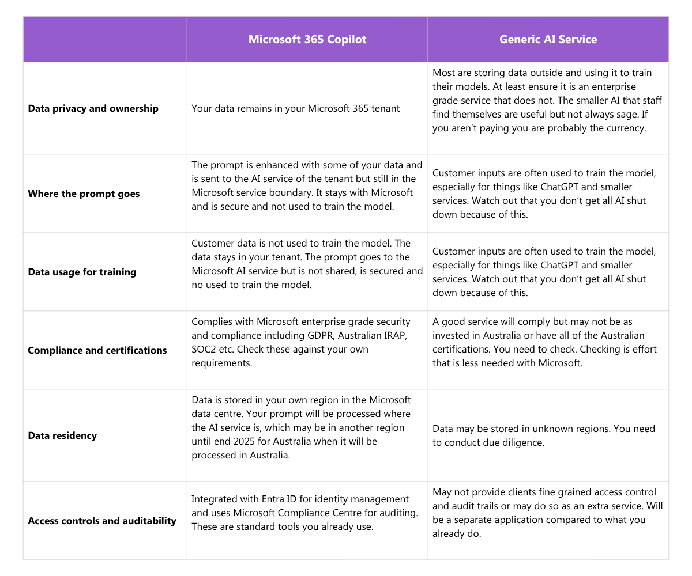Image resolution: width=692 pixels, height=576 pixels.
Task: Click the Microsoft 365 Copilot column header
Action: pos(307,39)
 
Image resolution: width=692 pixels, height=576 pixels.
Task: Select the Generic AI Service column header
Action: pos(548,39)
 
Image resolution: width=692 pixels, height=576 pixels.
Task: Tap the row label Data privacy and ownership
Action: pos(93,108)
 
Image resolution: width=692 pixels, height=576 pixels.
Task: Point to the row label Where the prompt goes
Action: pos(84,194)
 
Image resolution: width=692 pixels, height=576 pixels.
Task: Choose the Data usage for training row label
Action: pos(82,272)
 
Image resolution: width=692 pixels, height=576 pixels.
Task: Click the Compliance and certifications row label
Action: pos(97,350)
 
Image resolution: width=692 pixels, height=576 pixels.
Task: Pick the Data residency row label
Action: pos(62,435)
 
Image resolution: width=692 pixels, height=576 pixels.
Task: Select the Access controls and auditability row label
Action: pos(102,521)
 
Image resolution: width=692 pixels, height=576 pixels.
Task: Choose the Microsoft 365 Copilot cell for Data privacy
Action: pos(295,108)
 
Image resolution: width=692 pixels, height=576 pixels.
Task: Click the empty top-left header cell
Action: pos(105,39)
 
